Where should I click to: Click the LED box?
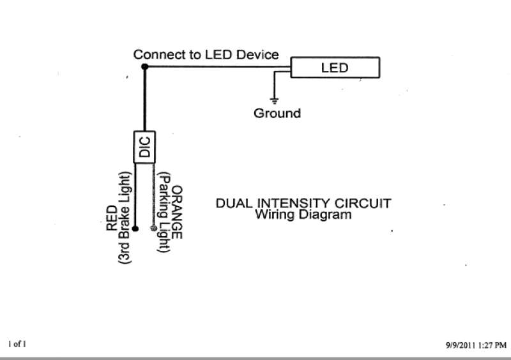click(x=335, y=68)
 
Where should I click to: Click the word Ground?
click(x=277, y=114)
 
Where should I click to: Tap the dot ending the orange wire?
click(x=153, y=228)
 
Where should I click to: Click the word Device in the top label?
click(x=258, y=55)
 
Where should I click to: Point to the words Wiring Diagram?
click(x=303, y=215)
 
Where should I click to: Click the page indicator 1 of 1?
click(x=17, y=344)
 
